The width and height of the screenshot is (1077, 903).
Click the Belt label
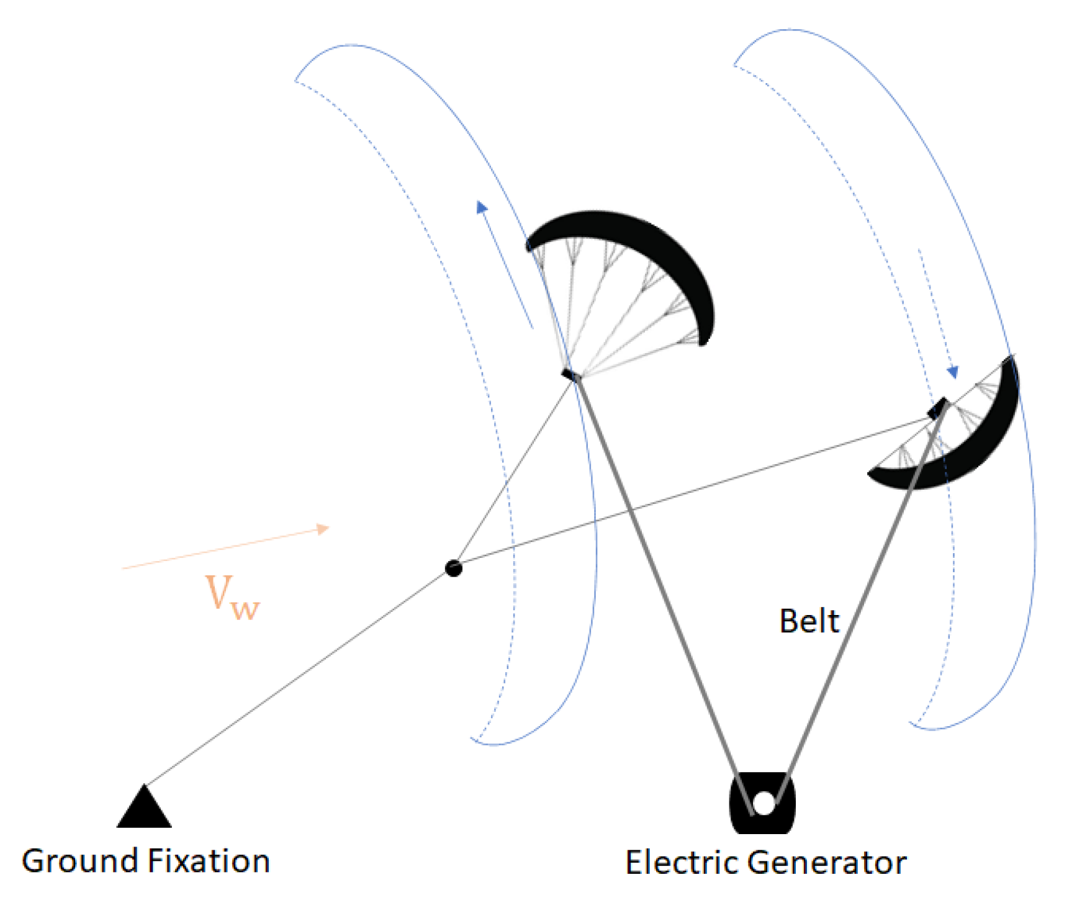pos(809,621)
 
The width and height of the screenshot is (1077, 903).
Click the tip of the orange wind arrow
pos(327,528)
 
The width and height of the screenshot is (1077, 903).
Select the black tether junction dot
pos(454,568)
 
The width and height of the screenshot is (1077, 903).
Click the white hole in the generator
pos(764,803)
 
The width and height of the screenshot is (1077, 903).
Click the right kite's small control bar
pos(937,408)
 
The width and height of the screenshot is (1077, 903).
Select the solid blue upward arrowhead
pos(481,207)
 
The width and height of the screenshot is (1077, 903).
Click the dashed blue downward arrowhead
pos(952,372)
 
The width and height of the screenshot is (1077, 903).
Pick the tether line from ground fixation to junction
pos(298,676)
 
